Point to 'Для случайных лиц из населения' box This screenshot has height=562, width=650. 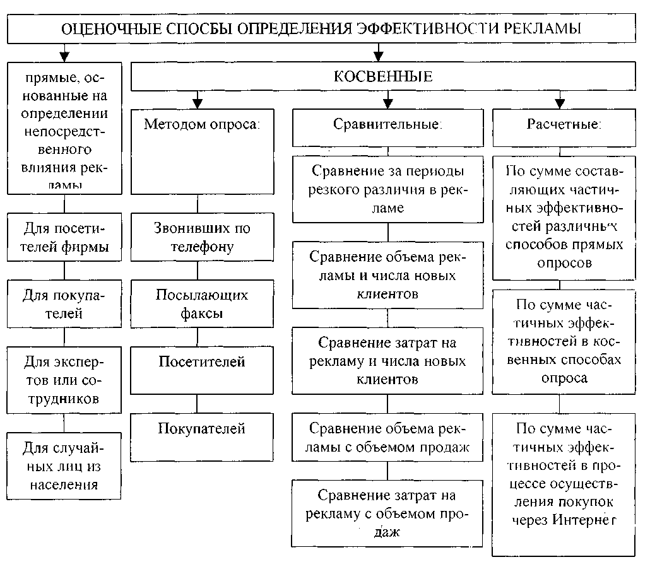63,467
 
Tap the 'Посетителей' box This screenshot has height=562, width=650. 202,362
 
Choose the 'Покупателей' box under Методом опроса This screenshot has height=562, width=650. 202,429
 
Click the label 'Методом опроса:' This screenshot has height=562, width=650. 202,124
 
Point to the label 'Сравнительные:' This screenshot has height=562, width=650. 387,124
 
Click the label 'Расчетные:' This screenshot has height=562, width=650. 564,124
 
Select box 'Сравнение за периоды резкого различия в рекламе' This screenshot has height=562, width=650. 387,189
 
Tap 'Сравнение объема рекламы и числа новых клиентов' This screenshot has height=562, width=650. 387,275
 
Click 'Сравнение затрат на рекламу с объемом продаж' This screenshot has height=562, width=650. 387,512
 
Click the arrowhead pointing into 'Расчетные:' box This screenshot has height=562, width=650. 559,103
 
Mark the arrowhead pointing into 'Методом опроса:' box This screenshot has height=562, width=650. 198,103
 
